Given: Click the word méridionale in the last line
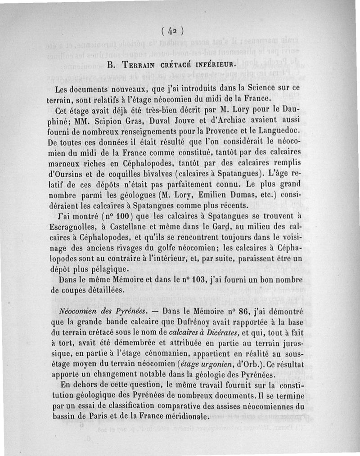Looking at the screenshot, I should coord(183,415).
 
